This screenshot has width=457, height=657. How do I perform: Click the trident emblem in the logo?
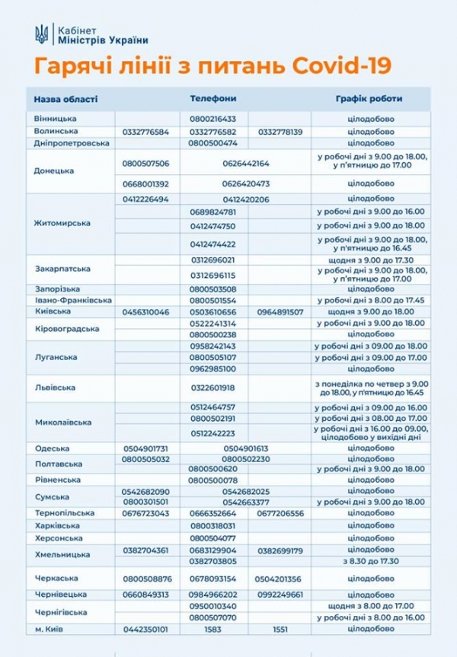click(x=42, y=34)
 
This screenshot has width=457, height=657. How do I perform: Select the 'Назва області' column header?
click(x=66, y=99)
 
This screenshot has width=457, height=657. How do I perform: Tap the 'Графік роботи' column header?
click(x=369, y=99)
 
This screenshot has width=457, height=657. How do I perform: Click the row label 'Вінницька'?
click(x=56, y=120)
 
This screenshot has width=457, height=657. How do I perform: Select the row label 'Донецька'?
click(x=55, y=171)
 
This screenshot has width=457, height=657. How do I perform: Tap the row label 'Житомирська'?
click(x=62, y=223)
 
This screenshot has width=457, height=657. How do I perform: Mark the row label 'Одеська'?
click(x=52, y=448)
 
